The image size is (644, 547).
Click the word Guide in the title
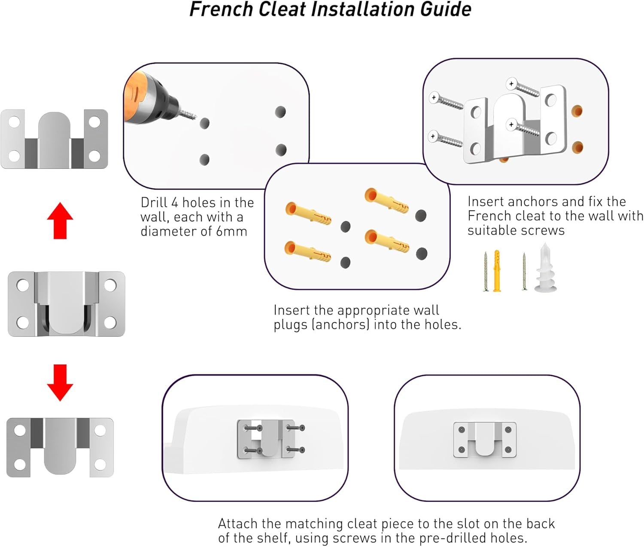click(x=446, y=9)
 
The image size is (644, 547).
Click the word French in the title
click(x=221, y=9)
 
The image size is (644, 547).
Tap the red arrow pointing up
click(x=60, y=220)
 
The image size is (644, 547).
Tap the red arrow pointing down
click(x=60, y=383)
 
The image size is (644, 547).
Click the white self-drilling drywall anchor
click(x=546, y=268)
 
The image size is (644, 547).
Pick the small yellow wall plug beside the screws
click(x=497, y=270)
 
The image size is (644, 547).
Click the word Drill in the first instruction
click(x=155, y=203)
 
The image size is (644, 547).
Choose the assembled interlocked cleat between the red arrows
click(x=67, y=304)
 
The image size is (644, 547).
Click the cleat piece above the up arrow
click(x=54, y=139)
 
